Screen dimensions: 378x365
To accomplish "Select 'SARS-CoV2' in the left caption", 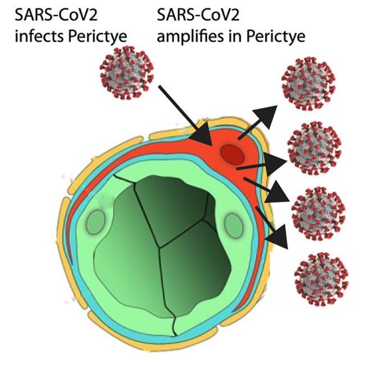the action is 56,15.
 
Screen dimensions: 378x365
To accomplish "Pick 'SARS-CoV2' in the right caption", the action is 198,15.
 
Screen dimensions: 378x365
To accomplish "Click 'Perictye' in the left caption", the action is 97,37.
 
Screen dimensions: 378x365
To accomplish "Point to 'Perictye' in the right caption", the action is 275,37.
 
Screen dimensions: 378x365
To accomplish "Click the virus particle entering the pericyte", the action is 126,73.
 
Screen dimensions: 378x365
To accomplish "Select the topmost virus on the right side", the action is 308,83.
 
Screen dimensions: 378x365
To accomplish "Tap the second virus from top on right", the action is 315,148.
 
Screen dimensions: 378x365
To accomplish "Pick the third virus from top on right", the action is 318,214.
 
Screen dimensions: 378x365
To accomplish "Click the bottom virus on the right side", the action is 321,279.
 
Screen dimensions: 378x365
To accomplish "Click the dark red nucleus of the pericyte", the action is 232,154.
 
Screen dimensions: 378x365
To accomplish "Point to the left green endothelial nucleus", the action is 96,222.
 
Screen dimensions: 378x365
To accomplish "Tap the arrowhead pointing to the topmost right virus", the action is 265,117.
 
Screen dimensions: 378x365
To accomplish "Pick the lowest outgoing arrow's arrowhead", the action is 277,237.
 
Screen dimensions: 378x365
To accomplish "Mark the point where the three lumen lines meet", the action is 159,247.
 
